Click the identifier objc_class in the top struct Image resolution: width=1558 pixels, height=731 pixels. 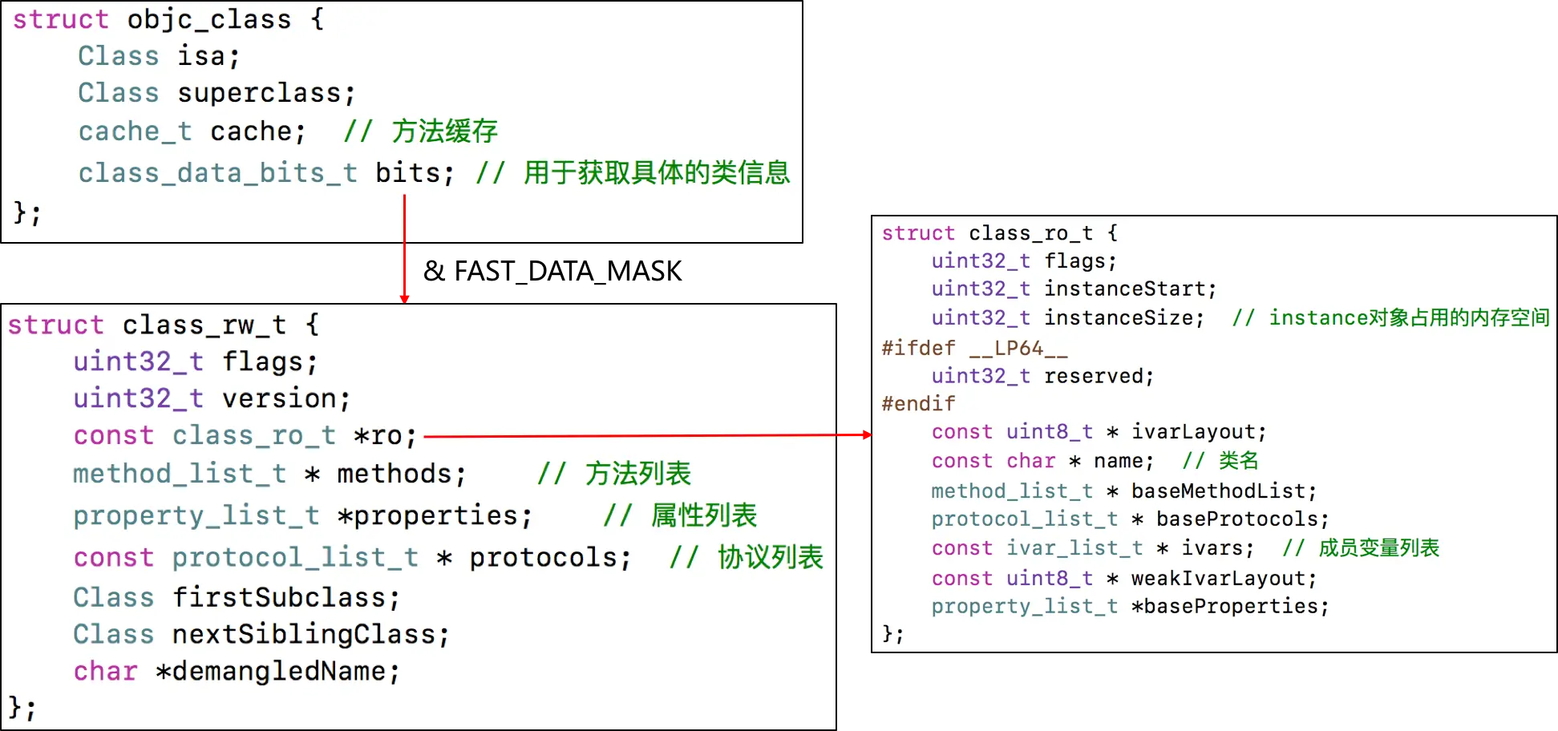click(x=209, y=19)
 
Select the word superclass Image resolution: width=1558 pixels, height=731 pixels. click(x=265, y=93)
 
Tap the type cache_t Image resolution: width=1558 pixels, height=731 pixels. click(x=135, y=131)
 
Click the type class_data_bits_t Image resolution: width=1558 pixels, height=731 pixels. click(x=217, y=173)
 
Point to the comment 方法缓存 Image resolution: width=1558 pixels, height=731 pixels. click(x=444, y=131)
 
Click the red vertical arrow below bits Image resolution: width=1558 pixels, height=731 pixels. click(x=404, y=248)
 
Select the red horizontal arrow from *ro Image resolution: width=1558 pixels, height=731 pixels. click(x=641, y=436)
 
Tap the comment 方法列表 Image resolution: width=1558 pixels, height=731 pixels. click(x=637, y=474)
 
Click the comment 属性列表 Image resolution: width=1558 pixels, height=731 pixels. click(x=703, y=515)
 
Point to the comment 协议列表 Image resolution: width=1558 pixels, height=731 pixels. click(x=770, y=557)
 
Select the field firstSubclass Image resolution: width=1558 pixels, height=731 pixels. click(x=285, y=598)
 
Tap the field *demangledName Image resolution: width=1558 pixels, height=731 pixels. click(x=277, y=672)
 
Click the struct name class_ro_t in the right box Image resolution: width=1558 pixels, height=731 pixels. click(x=1030, y=233)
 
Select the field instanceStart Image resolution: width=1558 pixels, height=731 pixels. click(x=1129, y=289)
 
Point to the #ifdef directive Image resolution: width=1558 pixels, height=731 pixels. click(x=918, y=348)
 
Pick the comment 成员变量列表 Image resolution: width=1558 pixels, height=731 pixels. click(x=1378, y=548)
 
